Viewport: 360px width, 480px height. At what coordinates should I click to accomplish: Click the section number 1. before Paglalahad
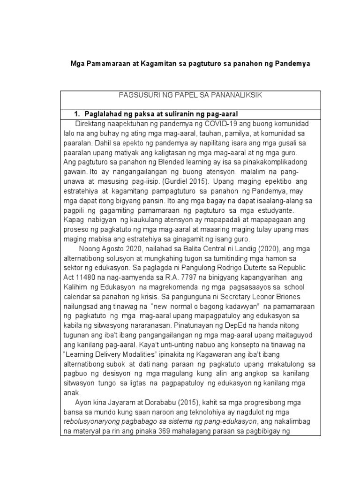[78, 114]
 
